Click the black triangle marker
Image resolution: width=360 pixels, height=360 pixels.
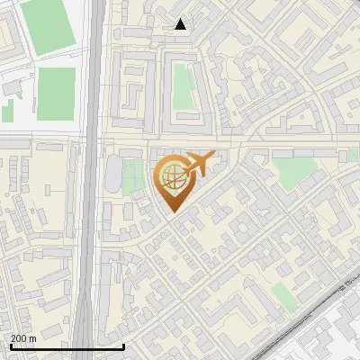coord(181,24)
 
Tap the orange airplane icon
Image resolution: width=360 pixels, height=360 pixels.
coord(199,165)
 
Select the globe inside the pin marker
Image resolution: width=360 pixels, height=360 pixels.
coord(171,175)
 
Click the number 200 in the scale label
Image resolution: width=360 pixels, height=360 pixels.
coord(20,337)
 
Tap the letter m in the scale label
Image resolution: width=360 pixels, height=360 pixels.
coord(34,337)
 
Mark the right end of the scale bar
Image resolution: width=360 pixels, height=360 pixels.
coord(123,346)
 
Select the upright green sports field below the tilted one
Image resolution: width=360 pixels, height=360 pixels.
coord(56,93)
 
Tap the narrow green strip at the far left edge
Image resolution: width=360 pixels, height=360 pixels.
coord(7,112)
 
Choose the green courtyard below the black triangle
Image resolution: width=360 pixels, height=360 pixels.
coord(183,85)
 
